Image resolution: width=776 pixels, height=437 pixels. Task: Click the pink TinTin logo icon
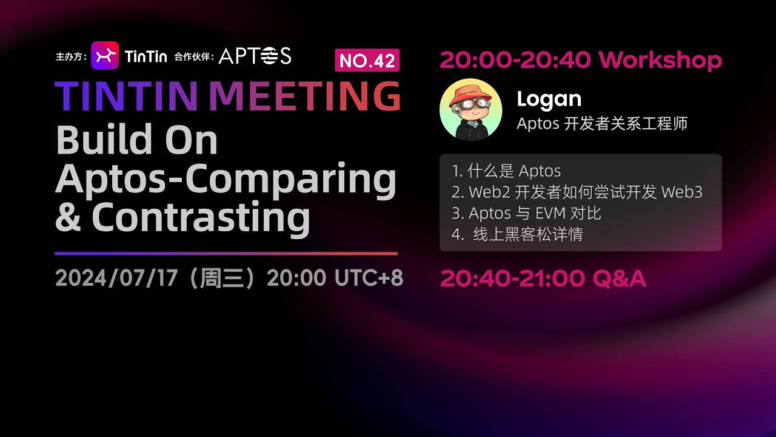point(104,55)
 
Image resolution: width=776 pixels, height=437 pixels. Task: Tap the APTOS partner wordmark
point(255,56)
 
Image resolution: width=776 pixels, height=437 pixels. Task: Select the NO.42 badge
point(367,60)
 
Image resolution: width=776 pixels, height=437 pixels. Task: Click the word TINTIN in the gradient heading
point(126,95)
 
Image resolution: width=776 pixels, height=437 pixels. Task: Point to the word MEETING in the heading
point(304,95)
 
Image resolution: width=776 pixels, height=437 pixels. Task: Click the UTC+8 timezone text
point(369,278)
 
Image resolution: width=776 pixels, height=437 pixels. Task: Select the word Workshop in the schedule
point(660,60)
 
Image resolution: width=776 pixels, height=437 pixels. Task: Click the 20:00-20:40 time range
point(515,60)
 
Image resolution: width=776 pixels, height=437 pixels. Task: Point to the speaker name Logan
point(549,99)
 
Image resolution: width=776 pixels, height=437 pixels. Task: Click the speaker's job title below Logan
point(602,124)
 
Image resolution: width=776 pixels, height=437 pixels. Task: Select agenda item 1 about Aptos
point(506,171)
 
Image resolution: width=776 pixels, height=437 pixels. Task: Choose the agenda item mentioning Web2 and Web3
point(577,192)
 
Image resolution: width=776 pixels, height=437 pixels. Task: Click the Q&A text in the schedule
point(619,279)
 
